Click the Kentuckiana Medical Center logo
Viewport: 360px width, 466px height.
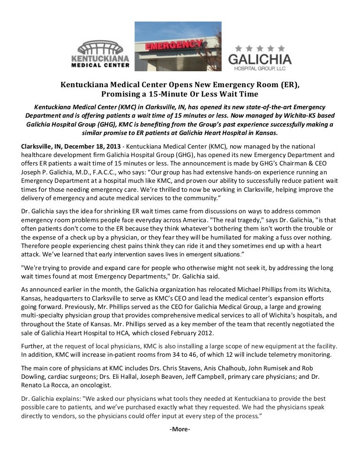[100, 53]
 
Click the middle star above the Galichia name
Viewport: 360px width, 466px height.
[260, 48]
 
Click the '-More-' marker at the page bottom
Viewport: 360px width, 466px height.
[180, 429]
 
